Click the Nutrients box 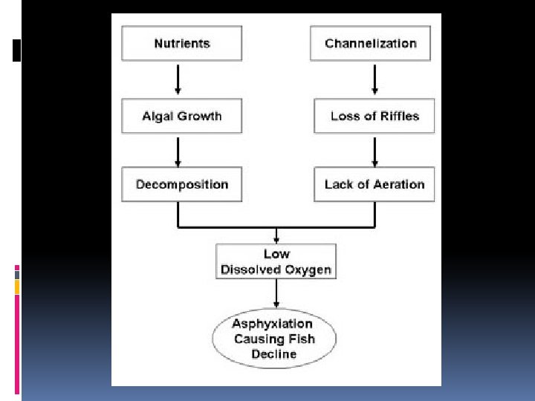[181, 44]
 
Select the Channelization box [371, 44]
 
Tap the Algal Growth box [181, 117]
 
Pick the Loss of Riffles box [374, 117]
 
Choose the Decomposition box [181, 184]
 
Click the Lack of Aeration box [374, 184]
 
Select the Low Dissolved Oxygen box [276, 262]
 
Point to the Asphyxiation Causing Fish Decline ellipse [273, 339]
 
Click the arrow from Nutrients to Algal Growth [178, 79]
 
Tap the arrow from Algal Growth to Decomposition [178, 151]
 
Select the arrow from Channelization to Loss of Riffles [374, 79]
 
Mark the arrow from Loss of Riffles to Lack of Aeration [374, 151]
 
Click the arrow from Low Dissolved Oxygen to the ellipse [276, 294]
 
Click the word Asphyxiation [272, 325]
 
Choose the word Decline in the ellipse [273, 354]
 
